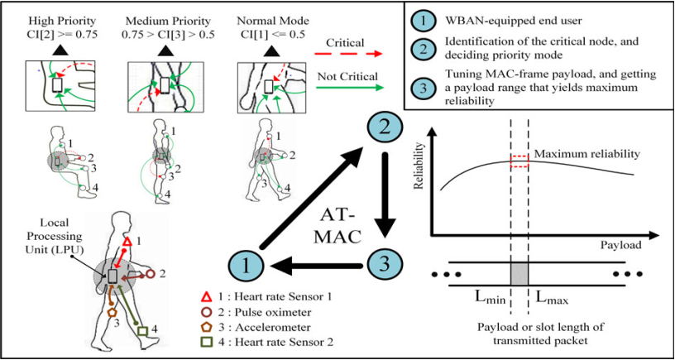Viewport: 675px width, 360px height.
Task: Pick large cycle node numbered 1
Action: tap(249, 265)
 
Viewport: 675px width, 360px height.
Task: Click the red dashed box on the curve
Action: tap(519, 161)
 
